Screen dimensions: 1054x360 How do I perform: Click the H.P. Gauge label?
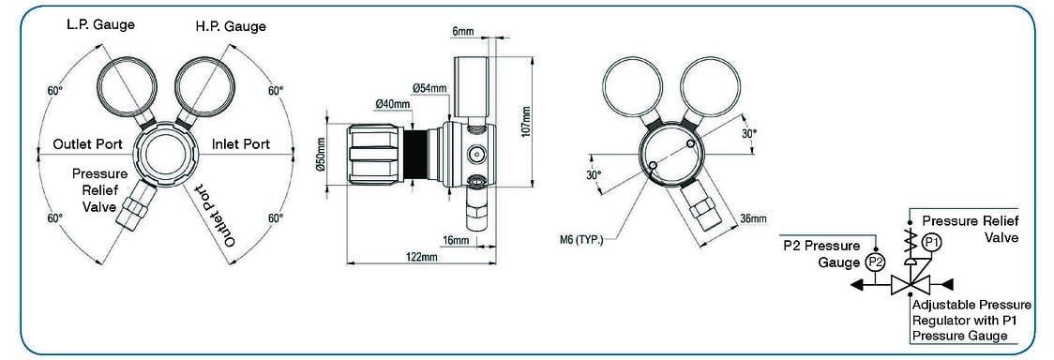[x=232, y=27]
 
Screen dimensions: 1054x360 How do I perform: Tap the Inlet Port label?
[x=241, y=144]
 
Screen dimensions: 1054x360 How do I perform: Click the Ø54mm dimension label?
[x=429, y=88]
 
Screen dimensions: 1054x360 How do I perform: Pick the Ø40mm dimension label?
[x=393, y=104]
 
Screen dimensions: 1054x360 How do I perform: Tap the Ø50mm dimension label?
[x=320, y=155]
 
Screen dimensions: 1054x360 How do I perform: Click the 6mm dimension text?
[x=464, y=32]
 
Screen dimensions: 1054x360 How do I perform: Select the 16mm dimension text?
[x=457, y=239]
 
